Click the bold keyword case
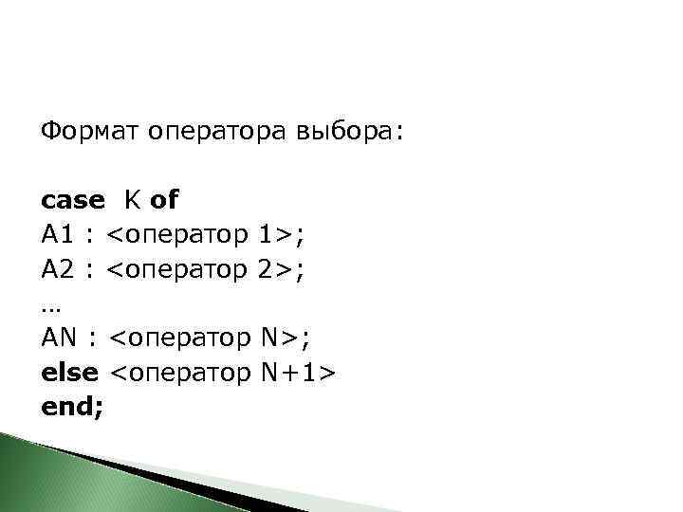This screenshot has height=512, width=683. click(73, 201)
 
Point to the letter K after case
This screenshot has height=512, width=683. click(130, 201)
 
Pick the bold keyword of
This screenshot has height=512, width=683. click(164, 201)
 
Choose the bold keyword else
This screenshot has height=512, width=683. click(69, 372)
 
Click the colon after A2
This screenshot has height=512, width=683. click(89, 270)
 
